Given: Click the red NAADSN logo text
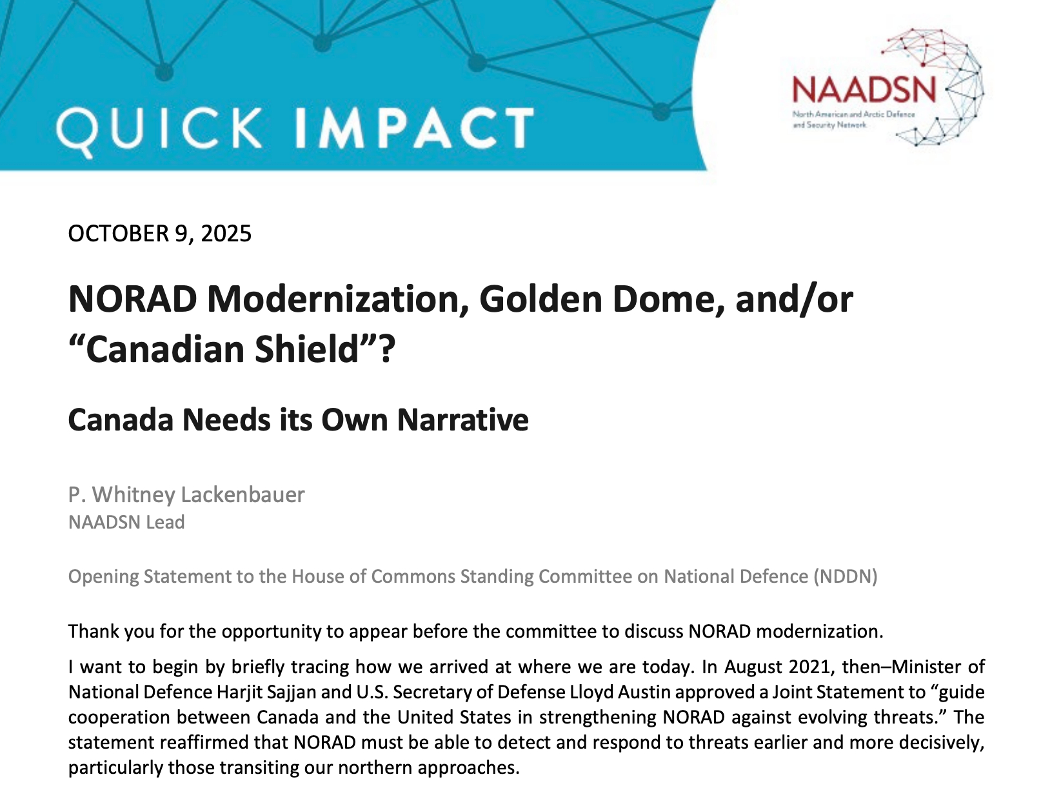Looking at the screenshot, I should (x=864, y=90).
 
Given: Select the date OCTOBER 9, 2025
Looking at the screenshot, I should (x=160, y=234).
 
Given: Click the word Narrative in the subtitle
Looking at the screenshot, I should (x=462, y=420).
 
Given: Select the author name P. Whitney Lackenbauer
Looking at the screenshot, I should (x=186, y=495).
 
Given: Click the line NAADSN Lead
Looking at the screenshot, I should (x=126, y=522).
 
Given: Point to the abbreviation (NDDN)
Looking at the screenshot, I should (x=846, y=576).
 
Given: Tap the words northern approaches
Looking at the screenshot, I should (x=428, y=767).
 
